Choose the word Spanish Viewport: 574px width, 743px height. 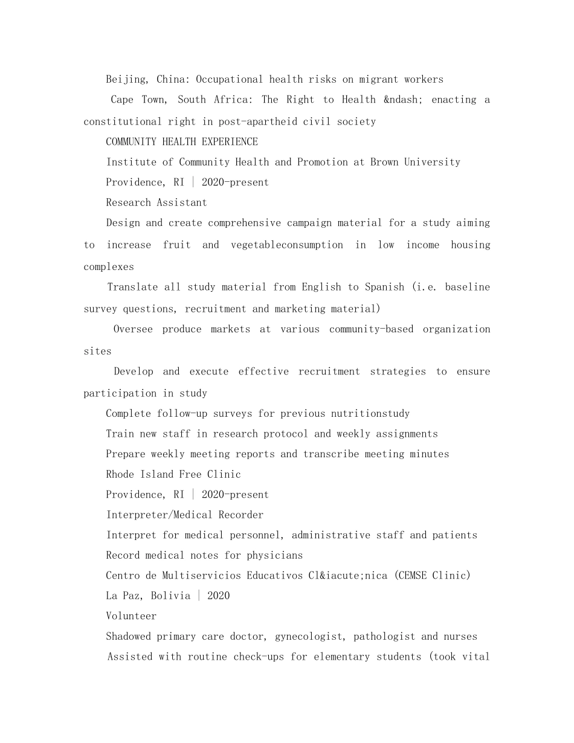click(x=384, y=287)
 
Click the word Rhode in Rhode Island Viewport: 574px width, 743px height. click(x=120, y=474)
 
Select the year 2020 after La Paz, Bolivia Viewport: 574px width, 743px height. click(x=219, y=596)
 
